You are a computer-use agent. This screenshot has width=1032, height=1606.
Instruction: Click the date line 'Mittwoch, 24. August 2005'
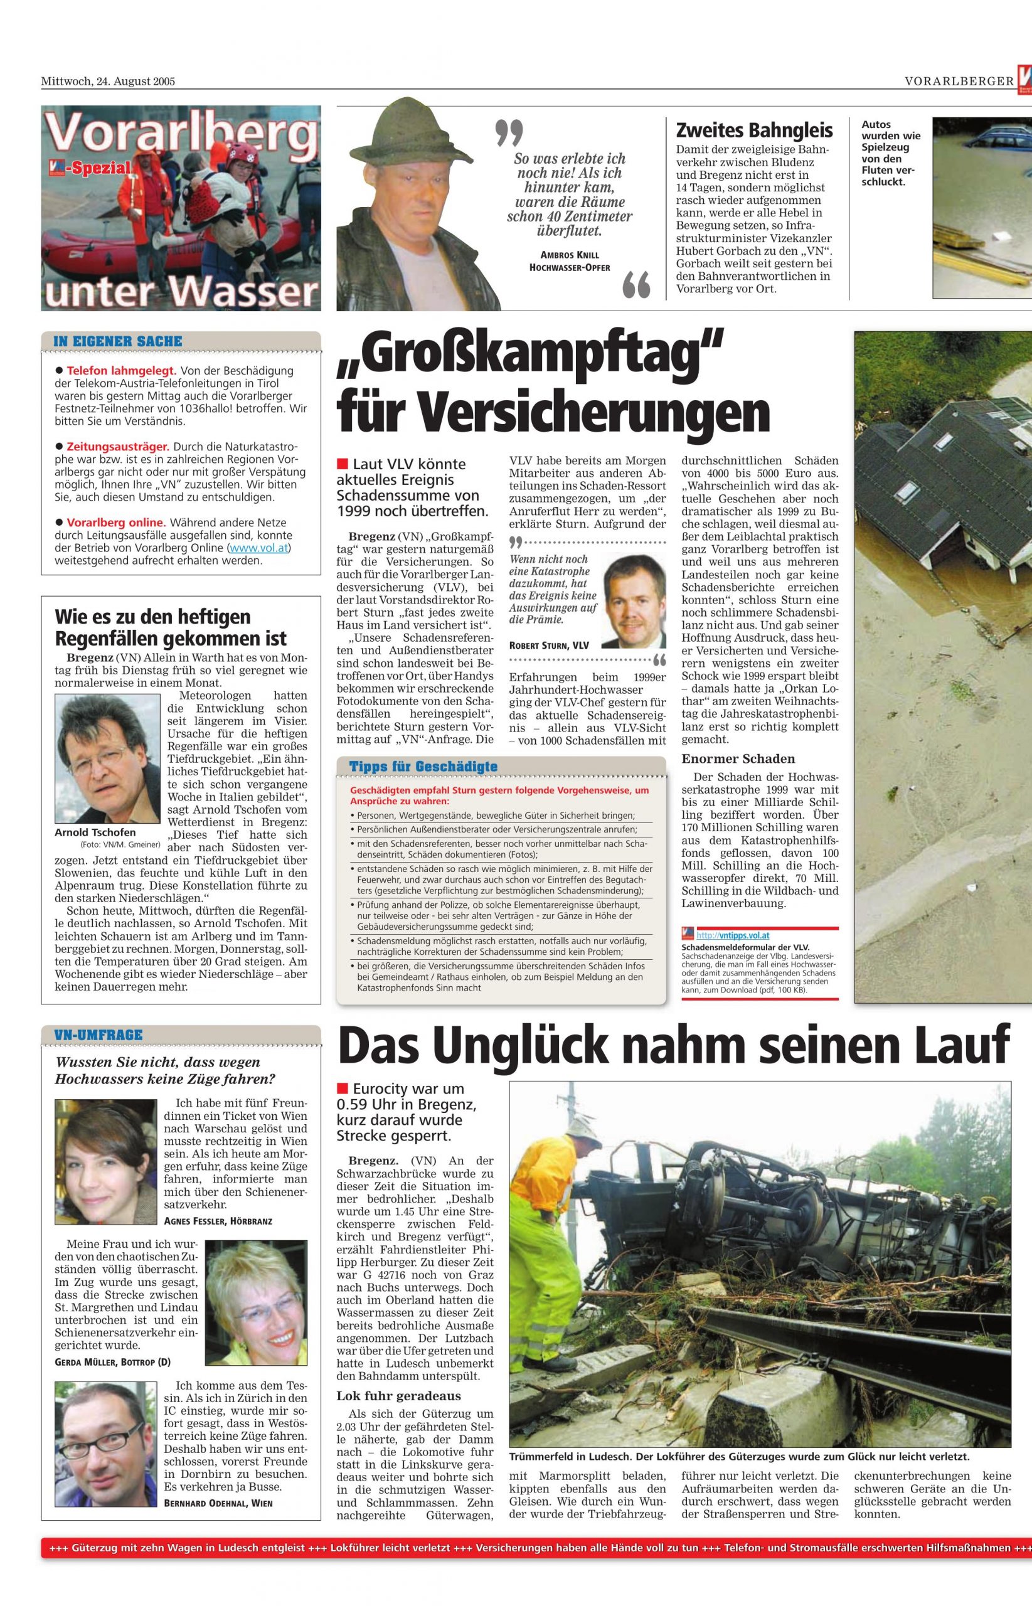point(108,82)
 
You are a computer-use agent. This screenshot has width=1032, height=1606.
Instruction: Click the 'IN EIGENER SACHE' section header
point(118,341)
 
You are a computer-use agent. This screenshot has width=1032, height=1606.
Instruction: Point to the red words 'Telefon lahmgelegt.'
point(121,371)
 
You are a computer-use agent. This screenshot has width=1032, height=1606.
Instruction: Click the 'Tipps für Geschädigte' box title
point(423,767)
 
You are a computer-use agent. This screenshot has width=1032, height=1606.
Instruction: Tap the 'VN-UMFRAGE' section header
point(98,1034)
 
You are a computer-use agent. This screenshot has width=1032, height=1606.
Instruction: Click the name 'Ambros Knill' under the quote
point(569,255)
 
